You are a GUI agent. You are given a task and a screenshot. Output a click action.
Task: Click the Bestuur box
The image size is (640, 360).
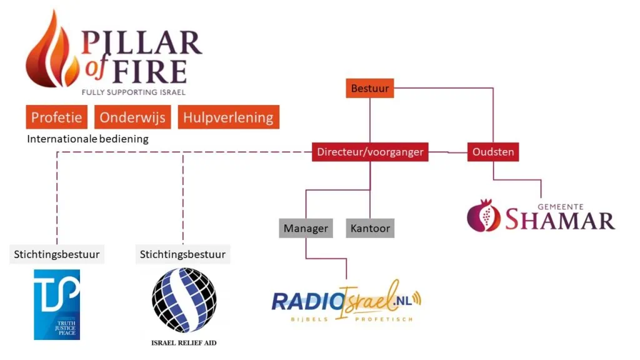click(x=370, y=89)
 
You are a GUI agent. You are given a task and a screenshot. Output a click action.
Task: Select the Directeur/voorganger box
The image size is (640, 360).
click(x=370, y=152)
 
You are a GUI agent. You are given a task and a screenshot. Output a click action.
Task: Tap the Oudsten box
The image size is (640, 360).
click(x=492, y=152)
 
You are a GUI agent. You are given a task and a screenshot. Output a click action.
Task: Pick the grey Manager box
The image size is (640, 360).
click(x=306, y=228)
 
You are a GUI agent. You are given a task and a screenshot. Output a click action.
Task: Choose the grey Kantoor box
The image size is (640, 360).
click(x=370, y=228)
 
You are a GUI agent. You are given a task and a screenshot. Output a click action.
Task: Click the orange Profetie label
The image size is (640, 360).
click(x=57, y=117)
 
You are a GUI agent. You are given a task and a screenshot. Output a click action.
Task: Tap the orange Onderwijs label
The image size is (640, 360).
click(x=133, y=117)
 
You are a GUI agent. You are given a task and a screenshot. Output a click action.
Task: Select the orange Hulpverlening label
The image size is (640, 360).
click(x=228, y=117)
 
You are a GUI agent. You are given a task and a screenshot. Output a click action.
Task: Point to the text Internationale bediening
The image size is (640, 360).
click(x=87, y=139)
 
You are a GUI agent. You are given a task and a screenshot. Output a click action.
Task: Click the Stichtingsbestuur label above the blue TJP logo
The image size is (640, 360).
click(x=57, y=254)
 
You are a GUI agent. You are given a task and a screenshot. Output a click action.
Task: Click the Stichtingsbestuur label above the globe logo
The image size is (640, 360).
click(x=183, y=254)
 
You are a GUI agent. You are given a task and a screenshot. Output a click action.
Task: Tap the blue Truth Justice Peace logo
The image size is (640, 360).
click(x=57, y=304)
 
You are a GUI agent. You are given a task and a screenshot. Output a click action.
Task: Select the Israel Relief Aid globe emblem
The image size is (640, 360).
click(x=184, y=301)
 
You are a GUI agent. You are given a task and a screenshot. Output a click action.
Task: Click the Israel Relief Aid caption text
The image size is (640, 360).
click(x=184, y=342)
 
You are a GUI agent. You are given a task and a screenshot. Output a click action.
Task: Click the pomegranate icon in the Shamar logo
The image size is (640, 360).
click(x=484, y=215)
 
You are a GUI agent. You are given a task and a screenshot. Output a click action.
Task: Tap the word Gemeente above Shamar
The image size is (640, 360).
click(x=561, y=206)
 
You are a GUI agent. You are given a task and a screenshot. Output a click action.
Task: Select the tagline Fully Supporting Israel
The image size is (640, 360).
click(x=134, y=92)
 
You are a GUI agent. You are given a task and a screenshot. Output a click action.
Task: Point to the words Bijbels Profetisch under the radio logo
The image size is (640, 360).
click(x=346, y=319)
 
